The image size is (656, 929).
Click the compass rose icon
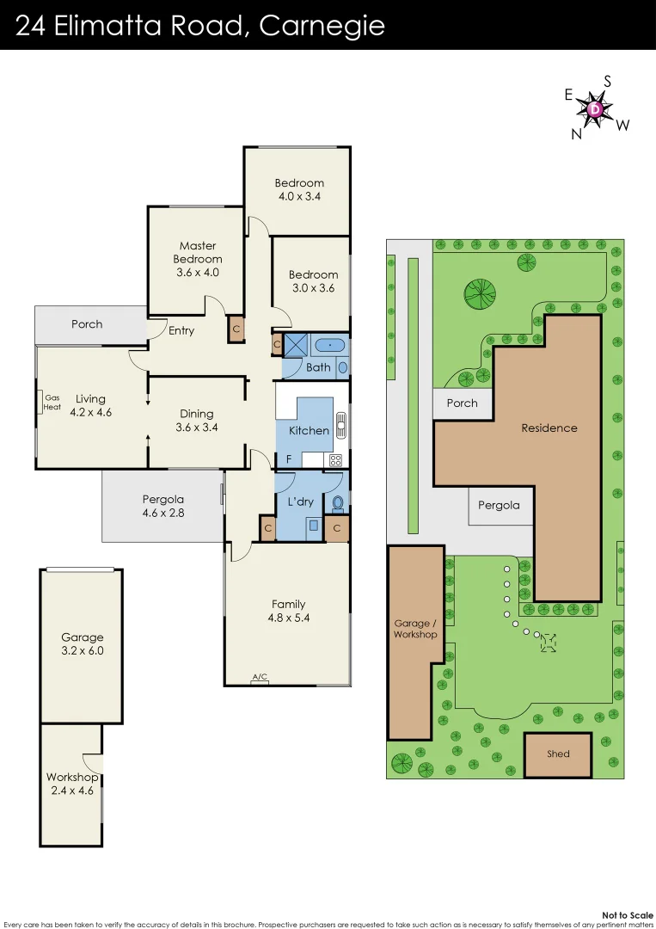(597, 109)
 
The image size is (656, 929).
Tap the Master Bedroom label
(198, 252)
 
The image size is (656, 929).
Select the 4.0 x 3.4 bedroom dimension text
(299, 196)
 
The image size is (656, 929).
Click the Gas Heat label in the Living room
(52, 402)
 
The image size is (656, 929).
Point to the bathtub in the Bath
(330, 346)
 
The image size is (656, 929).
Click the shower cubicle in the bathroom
(295, 346)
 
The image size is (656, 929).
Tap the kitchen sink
(341, 423)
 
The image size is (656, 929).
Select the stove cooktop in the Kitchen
(335, 460)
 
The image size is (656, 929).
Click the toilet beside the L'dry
(337, 502)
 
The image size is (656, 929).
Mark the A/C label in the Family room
(259, 679)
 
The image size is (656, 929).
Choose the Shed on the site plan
(558, 754)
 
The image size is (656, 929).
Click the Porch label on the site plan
(463, 403)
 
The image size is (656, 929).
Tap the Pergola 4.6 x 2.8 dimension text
(163, 513)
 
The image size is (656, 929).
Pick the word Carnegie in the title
(322, 26)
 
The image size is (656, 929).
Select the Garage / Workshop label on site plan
(415, 629)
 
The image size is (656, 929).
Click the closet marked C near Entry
(236, 330)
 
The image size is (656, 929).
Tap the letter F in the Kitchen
(289, 458)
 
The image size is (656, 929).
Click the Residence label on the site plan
(549, 428)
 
